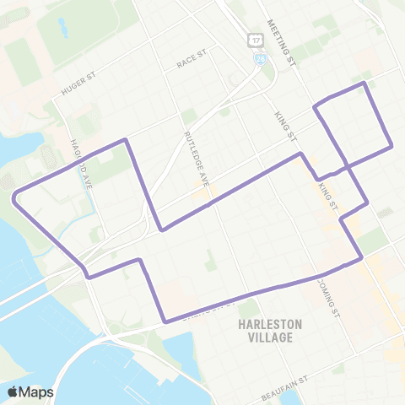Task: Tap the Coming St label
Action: pos(331,290)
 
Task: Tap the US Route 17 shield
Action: pos(254,40)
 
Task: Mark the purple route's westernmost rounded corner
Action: pos(15,197)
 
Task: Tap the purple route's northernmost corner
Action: pos(364,83)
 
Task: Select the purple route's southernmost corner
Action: pos(165,321)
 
